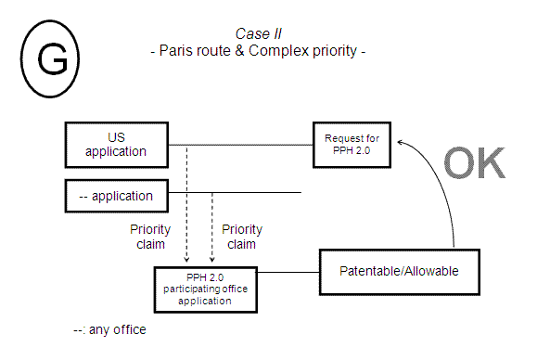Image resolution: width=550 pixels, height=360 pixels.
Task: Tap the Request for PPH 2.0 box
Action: [352, 145]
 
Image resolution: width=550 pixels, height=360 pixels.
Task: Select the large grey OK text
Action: [474, 163]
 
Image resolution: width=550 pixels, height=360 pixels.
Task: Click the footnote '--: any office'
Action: [109, 329]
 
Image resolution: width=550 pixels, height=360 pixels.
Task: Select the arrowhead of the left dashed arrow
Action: [187, 261]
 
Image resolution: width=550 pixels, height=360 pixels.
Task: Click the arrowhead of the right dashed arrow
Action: [211, 261]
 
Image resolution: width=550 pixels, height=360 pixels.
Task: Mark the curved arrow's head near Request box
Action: [399, 142]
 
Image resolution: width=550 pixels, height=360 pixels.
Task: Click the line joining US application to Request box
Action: [241, 146]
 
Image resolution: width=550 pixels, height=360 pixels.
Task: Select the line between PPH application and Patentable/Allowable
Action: [285, 273]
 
